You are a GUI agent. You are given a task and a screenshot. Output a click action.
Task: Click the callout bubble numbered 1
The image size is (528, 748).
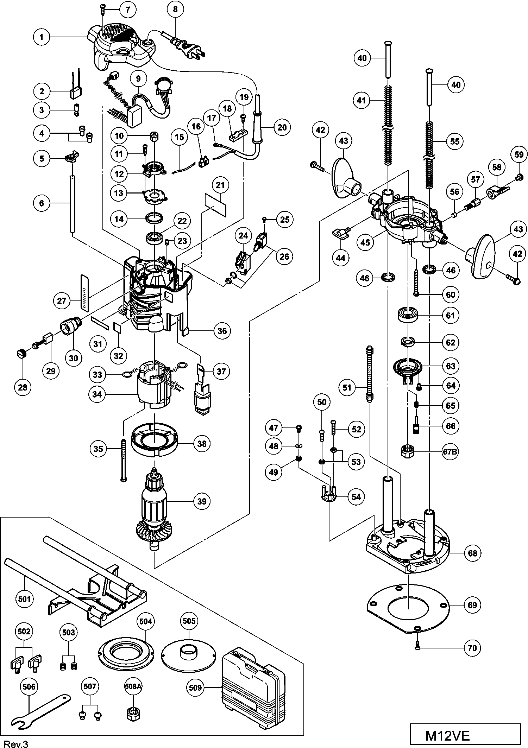tap(42, 37)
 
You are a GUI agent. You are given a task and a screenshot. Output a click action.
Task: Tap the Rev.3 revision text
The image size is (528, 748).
tap(14, 744)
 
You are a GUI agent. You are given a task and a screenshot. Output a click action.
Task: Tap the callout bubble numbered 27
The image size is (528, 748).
tap(62, 300)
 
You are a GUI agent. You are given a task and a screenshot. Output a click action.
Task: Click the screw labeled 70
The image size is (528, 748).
tap(417, 645)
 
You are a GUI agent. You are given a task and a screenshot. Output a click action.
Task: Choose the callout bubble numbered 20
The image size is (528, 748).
tap(282, 127)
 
